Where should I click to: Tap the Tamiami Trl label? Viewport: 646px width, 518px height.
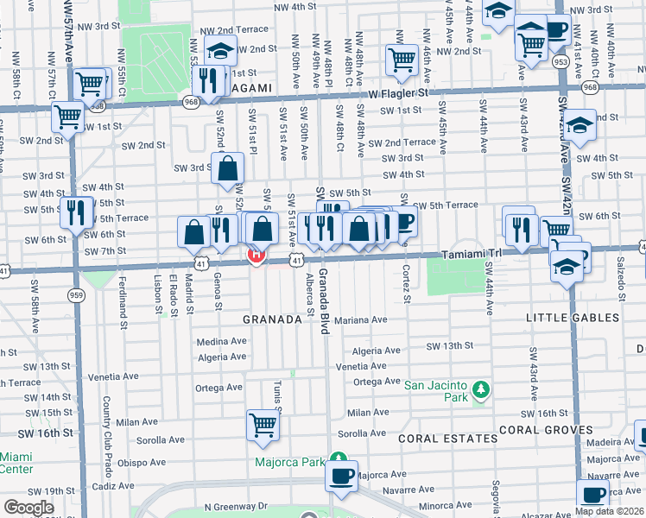coord(472,255)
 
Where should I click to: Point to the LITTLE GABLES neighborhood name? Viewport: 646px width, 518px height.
coord(573,319)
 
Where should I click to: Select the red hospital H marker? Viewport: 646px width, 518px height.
coord(256,256)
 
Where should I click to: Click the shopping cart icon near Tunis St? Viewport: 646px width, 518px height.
coord(263,425)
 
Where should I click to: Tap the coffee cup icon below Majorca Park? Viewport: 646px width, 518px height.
coord(342,476)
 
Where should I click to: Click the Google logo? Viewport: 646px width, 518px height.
coord(28,508)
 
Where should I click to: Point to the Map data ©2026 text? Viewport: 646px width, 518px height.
coord(610,511)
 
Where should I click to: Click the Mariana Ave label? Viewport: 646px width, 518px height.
coord(362,319)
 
